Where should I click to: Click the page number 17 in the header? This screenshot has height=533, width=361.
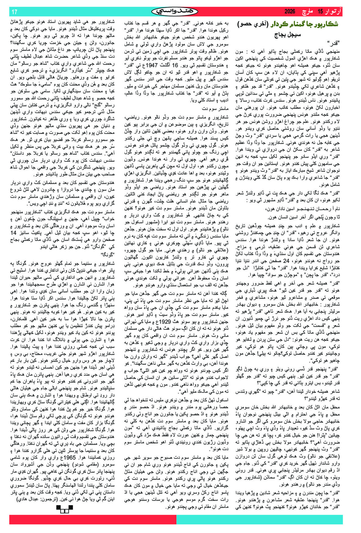pyautogui.click(x=14, y=12)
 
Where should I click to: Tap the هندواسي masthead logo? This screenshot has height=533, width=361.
pyautogui.click(x=175, y=12)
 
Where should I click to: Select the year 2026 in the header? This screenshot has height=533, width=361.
pyautogui.click(x=290, y=12)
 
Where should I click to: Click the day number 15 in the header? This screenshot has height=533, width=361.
pyautogui.click(x=320, y=12)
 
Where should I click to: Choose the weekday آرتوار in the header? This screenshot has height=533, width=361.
pyautogui.click(x=334, y=12)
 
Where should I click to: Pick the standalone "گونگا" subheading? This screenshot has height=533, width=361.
pyautogui.click(x=107, y=254)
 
